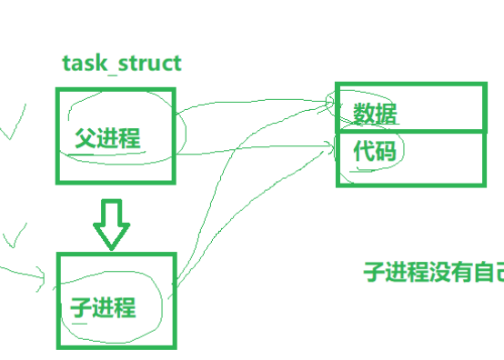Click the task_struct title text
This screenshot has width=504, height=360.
click(x=122, y=64)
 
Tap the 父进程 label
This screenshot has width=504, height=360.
click(x=107, y=138)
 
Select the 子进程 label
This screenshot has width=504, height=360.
click(x=103, y=307)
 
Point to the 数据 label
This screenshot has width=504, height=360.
click(x=375, y=113)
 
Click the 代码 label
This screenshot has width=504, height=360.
click(x=375, y=151)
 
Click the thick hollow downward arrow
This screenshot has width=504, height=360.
click(x=112, y=225)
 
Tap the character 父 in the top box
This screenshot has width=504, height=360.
click(x=86, y=138)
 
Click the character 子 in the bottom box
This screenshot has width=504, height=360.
click(x=80, y=307)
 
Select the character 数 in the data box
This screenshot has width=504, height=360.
click(x=364, y=113)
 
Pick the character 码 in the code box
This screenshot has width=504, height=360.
click(x=386, y=151)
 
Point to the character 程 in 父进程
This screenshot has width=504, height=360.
click(x=130, y=138)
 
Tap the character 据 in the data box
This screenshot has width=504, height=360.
click(x=386, y=113)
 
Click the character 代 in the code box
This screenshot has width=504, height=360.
click(x=364, y=151)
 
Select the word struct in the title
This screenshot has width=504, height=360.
click(x=150, y=64)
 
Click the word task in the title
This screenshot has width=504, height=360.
click(x=85, y=64)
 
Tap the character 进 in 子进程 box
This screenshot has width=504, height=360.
click(x=103, y=307)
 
